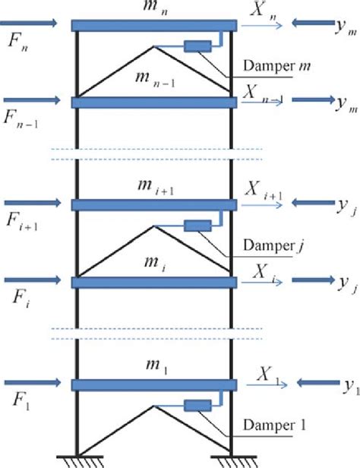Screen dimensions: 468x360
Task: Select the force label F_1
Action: coord(17,397)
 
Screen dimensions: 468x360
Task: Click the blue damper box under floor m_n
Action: coord(197,46)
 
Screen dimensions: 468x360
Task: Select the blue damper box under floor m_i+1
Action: coord(197,225)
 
